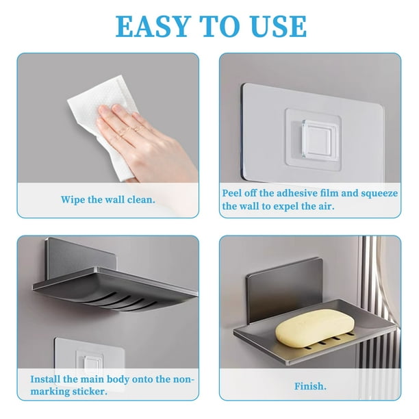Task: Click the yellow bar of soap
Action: [x=315, y=328]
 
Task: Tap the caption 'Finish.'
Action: [x=310, y=386]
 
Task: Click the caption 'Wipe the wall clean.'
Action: [x=108, y=200]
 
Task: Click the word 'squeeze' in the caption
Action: [x=380, y=193]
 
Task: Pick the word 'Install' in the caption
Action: [x=45, y=379]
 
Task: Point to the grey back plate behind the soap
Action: [x=284, y=290]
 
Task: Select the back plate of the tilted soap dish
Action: [x=80, y=258]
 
